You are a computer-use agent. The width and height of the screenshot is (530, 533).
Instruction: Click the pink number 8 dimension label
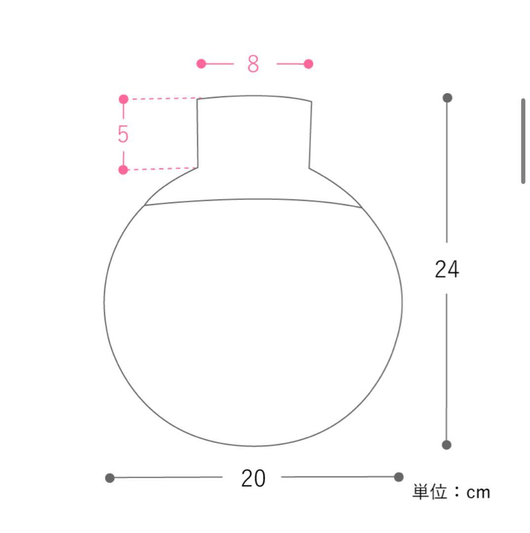(x=253, y=64)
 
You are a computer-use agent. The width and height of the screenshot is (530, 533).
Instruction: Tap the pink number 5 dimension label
(x=123, y=134)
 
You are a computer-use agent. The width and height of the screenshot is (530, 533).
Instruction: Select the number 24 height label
(x=447, y=269)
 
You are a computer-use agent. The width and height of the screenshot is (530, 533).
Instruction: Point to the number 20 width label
(x=253, y=478)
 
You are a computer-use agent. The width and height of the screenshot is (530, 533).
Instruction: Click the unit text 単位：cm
(x=451, y=492)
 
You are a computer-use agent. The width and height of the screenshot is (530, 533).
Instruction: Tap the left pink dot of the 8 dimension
(x=201, y=64)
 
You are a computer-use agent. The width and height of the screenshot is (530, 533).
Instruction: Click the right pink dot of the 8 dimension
(x=308, y=64)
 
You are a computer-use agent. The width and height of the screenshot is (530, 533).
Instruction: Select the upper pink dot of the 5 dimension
(x=123, y=99)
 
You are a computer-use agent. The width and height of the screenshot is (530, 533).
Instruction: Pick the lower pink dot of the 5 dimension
(x=123, y=170)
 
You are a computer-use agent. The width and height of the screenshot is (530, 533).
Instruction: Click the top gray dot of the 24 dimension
(x=447, y=98)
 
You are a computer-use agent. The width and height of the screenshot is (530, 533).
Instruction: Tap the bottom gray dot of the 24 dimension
(x=447, y=445)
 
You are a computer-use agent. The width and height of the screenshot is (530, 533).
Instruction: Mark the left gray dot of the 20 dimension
(x=110, y=478)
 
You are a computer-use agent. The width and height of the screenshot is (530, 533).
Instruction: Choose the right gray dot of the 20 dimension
(x=399, y=477)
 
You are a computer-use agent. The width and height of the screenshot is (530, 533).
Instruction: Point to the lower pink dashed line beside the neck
(x=161, y=169)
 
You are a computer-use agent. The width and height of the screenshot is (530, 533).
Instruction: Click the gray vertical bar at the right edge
(x=523, y=141)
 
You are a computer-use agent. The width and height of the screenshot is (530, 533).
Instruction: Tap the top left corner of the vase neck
(x=198, y=99)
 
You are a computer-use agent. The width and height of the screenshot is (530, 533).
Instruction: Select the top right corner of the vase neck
(x=312, y=102)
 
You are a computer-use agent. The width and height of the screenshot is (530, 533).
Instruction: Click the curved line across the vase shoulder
(x=253, y=199)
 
